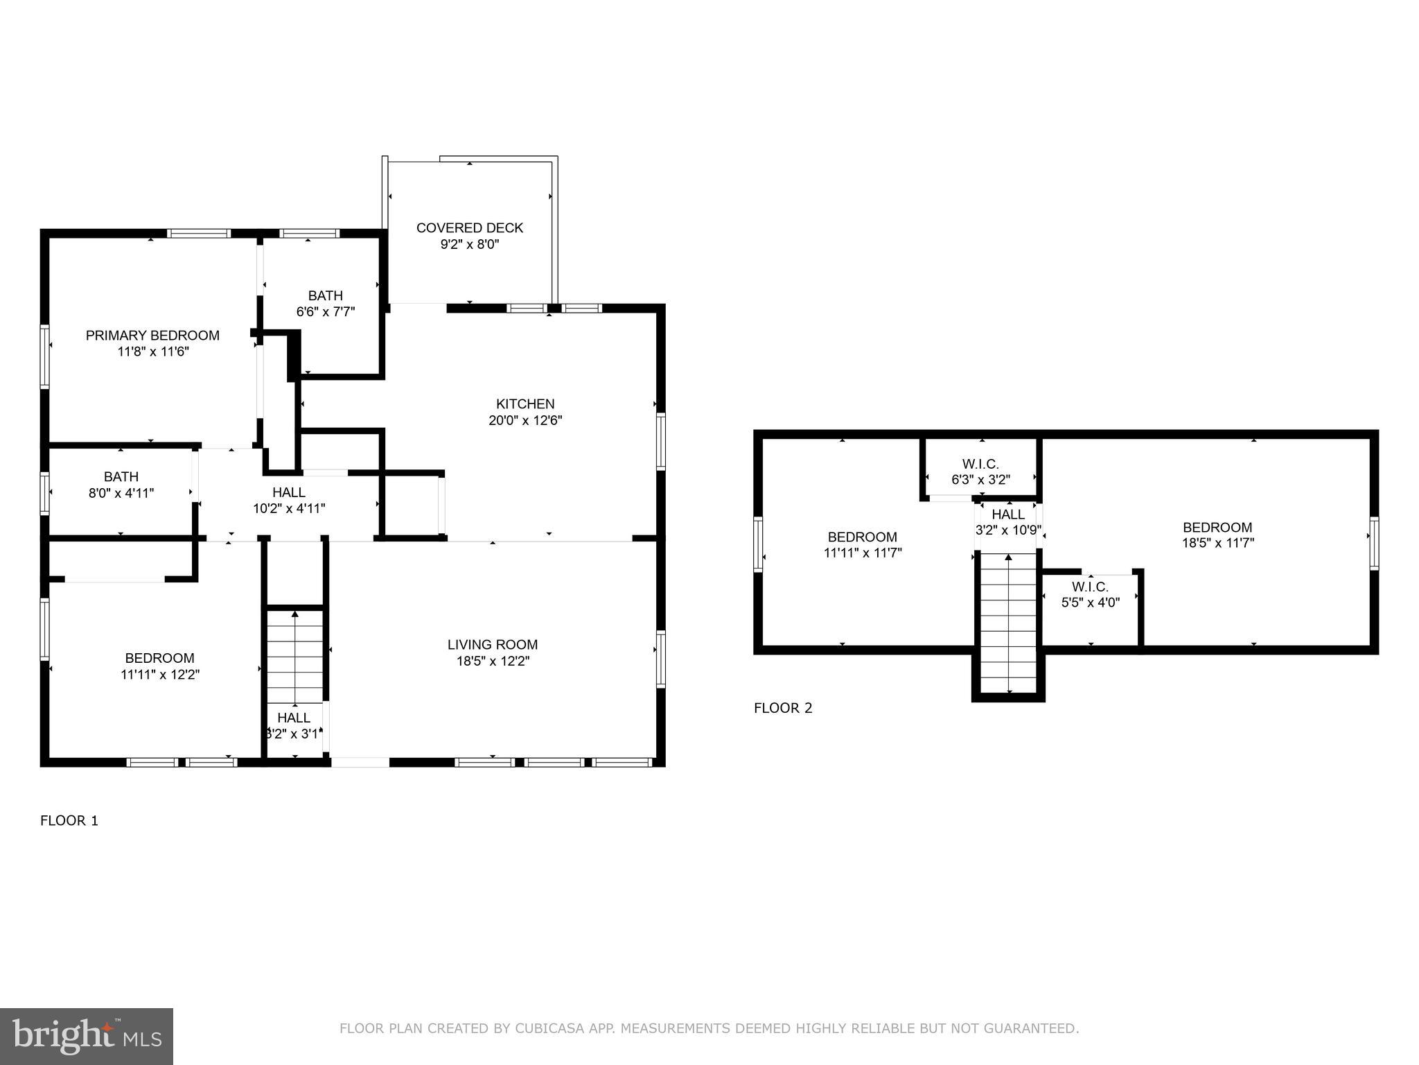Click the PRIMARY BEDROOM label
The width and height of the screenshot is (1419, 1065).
[x=152, y=336]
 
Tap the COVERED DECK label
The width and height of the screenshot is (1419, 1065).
[x=469, y=228]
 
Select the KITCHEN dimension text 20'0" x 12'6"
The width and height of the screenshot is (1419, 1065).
[x=525, y=420]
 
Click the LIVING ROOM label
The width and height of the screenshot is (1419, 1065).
[x=492, y=645]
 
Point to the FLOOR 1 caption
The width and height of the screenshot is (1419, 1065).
[x=69, y=821]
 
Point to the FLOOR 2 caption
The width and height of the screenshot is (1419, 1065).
[x=783, y=708]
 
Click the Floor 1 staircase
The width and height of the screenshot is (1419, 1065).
[x=295, y=655]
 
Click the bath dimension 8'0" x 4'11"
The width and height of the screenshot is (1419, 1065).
[x=121, y=493]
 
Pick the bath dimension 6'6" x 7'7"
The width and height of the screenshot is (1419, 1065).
[x=326, y=312]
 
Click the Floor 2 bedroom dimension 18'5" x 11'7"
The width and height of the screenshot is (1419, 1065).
[x=1217, y=543]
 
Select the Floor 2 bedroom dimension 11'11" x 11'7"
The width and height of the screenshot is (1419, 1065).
[x=863, y=553]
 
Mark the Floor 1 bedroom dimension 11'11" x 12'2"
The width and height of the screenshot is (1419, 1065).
[x=160, y=674]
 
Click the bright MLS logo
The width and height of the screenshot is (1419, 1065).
[x=86, y=1037]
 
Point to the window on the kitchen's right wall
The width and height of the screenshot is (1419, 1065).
[x=661, y=441]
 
